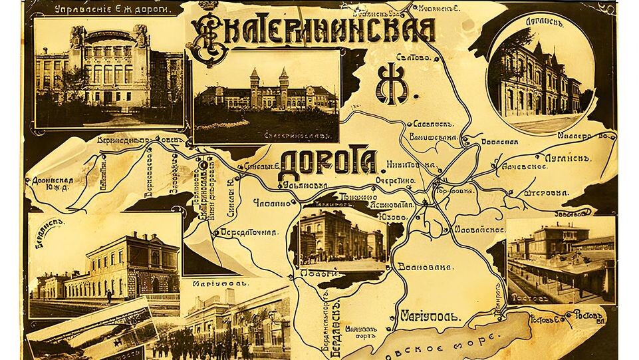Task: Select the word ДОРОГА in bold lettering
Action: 327,162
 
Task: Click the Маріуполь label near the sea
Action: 430,317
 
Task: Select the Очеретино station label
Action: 395,180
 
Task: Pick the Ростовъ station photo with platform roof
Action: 560,260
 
